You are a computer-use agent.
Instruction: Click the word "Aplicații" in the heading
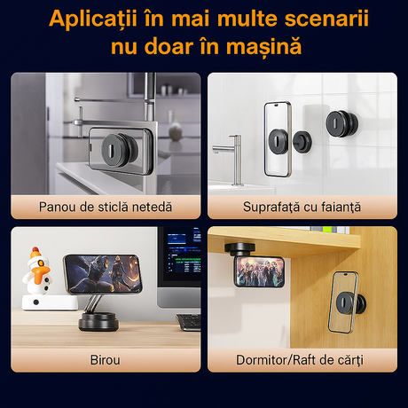tap(93, 19)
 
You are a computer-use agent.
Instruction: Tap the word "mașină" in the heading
tap(263, 47)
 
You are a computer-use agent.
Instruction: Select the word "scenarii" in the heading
tap(326, 19)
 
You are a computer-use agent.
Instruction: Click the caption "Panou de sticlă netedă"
tap(106, 207)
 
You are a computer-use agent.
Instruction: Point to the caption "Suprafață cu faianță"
tap(302, 207)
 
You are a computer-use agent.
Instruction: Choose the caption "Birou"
tap(106, 360)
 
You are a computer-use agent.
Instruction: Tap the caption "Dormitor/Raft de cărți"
tap(300, 360)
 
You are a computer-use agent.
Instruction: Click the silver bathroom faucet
tap(232, 158)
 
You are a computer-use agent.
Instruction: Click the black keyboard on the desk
tap(188, 322)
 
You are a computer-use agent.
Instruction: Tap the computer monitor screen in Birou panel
tap(180, 256)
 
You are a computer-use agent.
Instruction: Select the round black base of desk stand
tap(98, 322)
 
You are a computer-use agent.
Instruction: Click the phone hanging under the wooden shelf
tap(260, 272)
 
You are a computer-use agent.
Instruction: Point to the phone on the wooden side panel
tap(343, 302)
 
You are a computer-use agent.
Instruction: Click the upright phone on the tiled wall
tap(278, 139)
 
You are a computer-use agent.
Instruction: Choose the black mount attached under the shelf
tap(239, 250)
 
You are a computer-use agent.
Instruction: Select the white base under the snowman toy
tap(50, 302)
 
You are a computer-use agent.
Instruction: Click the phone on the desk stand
tap(103, 274)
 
